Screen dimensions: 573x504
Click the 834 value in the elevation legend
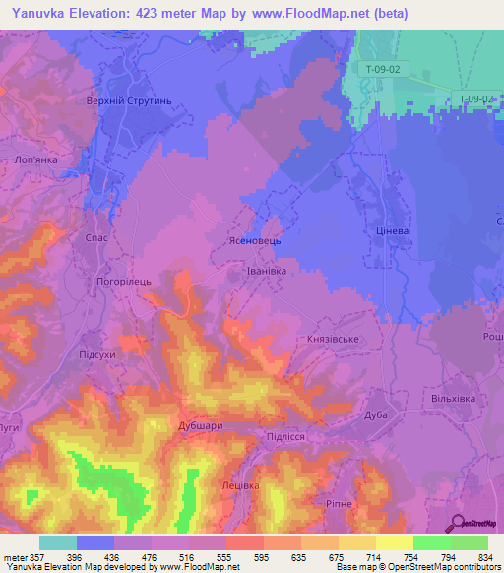486,556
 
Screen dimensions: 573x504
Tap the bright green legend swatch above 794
431,542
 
